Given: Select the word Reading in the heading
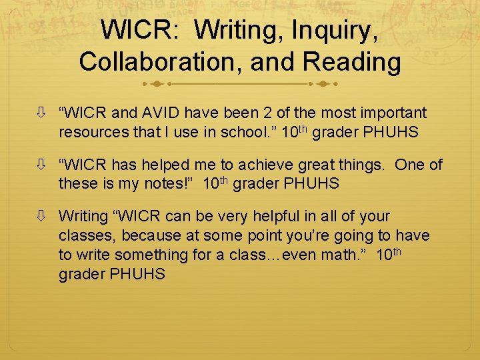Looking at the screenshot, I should (352, 61).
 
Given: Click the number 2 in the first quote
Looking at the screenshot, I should (274, 113).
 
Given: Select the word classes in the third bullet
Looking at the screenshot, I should (85, 235).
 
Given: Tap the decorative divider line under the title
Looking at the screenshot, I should (240, 85).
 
